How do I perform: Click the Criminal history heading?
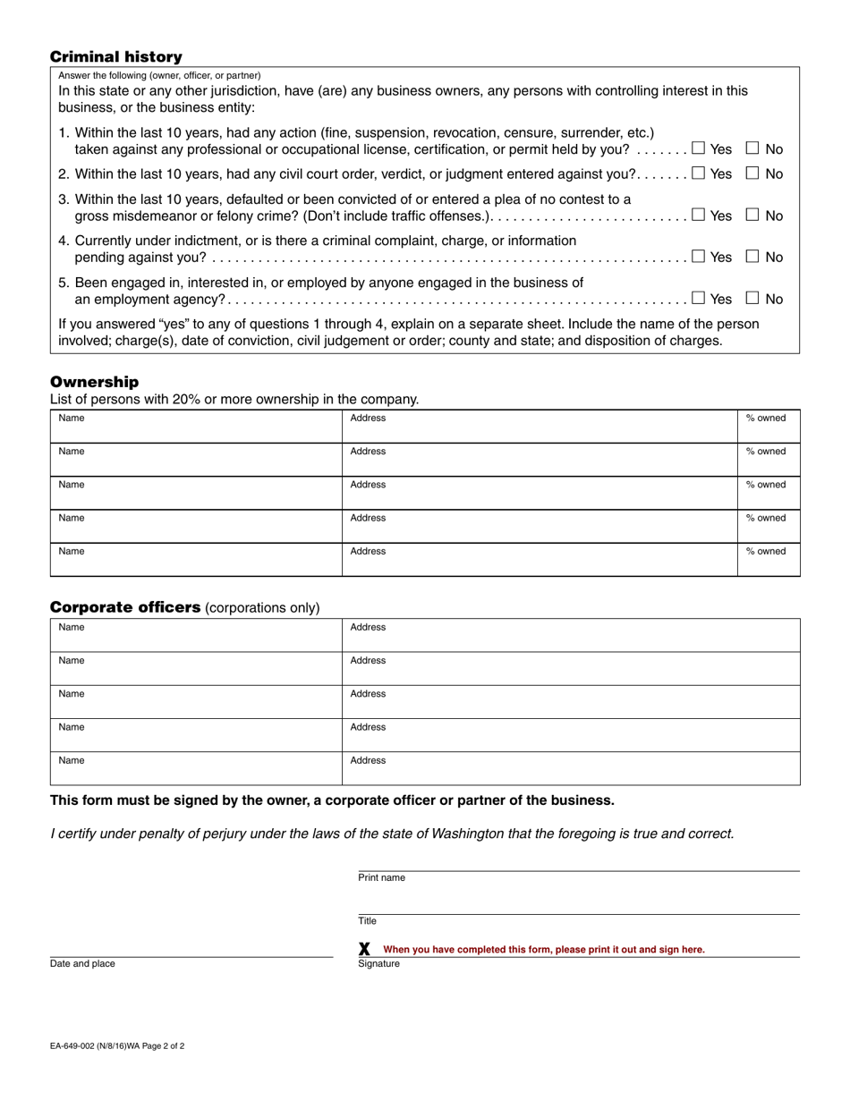[x=115, y=57]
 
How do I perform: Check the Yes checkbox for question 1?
[x=698, y=148]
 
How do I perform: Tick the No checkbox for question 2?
[x=752, y=173]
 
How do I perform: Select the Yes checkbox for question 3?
[x=698, y=216]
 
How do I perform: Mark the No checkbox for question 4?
[x=752, y=257]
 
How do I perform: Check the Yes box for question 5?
[x=698, y=299]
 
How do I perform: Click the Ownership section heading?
[x=94, y=382]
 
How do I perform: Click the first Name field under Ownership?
[x=196, y=427]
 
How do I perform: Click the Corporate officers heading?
[x=124, y=607]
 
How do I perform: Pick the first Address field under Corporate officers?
[x=570, y=635]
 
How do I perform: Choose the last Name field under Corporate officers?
[x=196, y=768]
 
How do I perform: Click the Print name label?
[x=381, y=878]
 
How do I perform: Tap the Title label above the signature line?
[x=368, y=921]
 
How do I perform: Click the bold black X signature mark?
[x=364, y=949]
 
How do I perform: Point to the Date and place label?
[x=82, y=964]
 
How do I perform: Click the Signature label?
[x=378, y=964]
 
